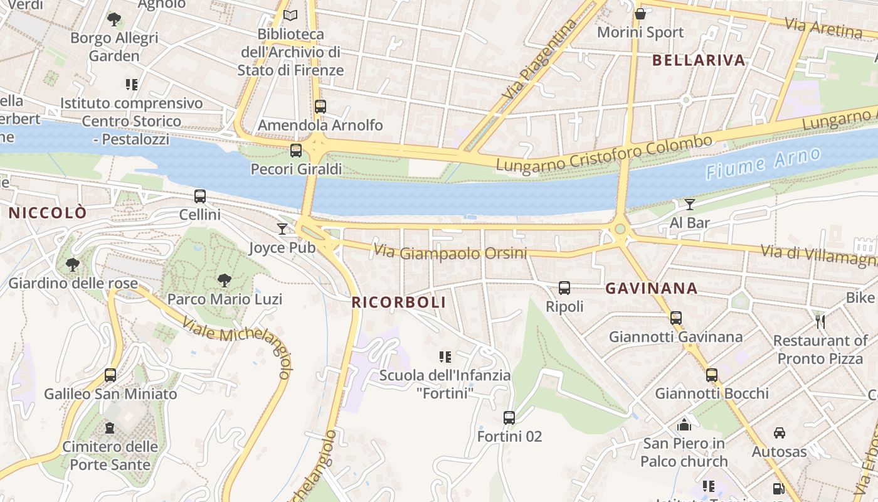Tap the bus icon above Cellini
tap(200, 196)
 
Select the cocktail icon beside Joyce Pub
tap(282, 229)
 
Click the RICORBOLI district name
tap(399, 302)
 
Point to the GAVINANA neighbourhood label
tap(652, 289)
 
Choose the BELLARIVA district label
tap(699, 60)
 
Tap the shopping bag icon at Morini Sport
tap(640, 14)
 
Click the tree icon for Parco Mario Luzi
tap(224, 280)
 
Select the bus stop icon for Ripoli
tap(564, 288)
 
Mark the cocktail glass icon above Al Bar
tap(690, 204)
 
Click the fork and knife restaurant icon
tap(820, 322)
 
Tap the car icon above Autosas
tap(780, 433)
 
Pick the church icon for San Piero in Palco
tap(684, 425)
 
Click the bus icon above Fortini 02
tap(509, 417)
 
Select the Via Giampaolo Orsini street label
tap(450, 253)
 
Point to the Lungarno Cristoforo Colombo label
tap(605, 153)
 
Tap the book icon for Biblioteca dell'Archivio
tap(290, 16)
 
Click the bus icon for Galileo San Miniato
tap(110, 375)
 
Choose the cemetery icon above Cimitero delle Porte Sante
tap(110, 428)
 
